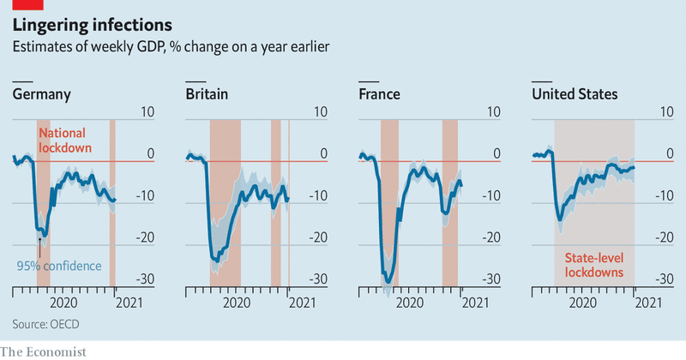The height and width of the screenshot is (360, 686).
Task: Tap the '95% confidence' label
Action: coord(58,266)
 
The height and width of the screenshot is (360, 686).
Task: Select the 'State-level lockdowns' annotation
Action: coord(594,264)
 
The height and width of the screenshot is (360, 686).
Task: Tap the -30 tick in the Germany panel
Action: coord(144,279)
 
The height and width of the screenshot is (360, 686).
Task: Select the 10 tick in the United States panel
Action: coord(665,112)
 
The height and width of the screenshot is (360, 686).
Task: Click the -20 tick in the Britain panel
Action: coord(317,237)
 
